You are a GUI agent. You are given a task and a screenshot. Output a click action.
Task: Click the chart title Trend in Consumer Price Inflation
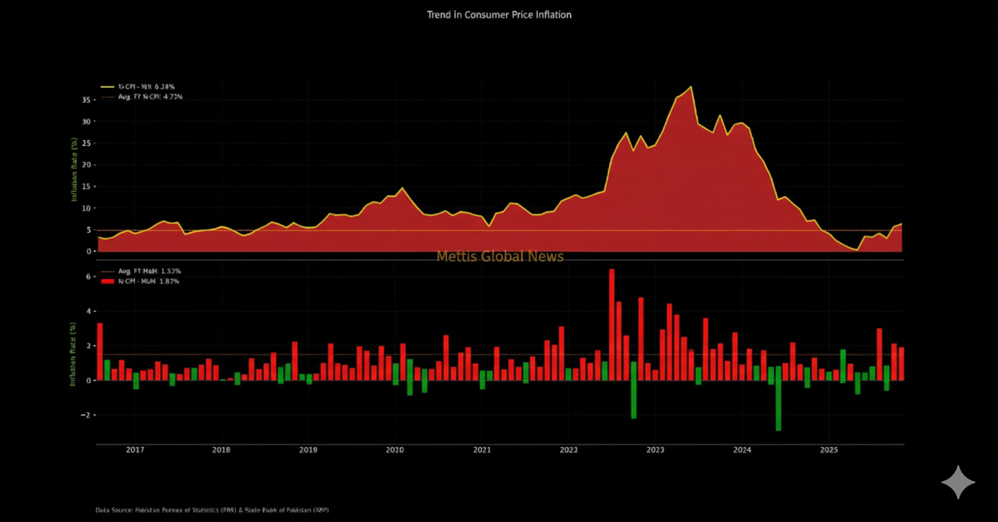tap(499, 14)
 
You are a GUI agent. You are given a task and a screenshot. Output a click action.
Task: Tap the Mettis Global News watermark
tap(500, 256)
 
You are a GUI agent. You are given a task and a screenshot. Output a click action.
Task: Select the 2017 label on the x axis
tap(135, 450)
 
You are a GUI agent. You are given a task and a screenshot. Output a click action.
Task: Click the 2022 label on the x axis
tap(568, 450)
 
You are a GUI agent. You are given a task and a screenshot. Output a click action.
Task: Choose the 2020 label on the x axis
tap(395, 450)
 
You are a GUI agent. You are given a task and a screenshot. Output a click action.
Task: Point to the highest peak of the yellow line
tap(690, 87)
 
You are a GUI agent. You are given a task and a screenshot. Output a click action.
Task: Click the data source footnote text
tap(212, 510)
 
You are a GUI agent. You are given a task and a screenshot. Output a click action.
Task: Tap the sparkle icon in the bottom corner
tap(958, 482)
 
